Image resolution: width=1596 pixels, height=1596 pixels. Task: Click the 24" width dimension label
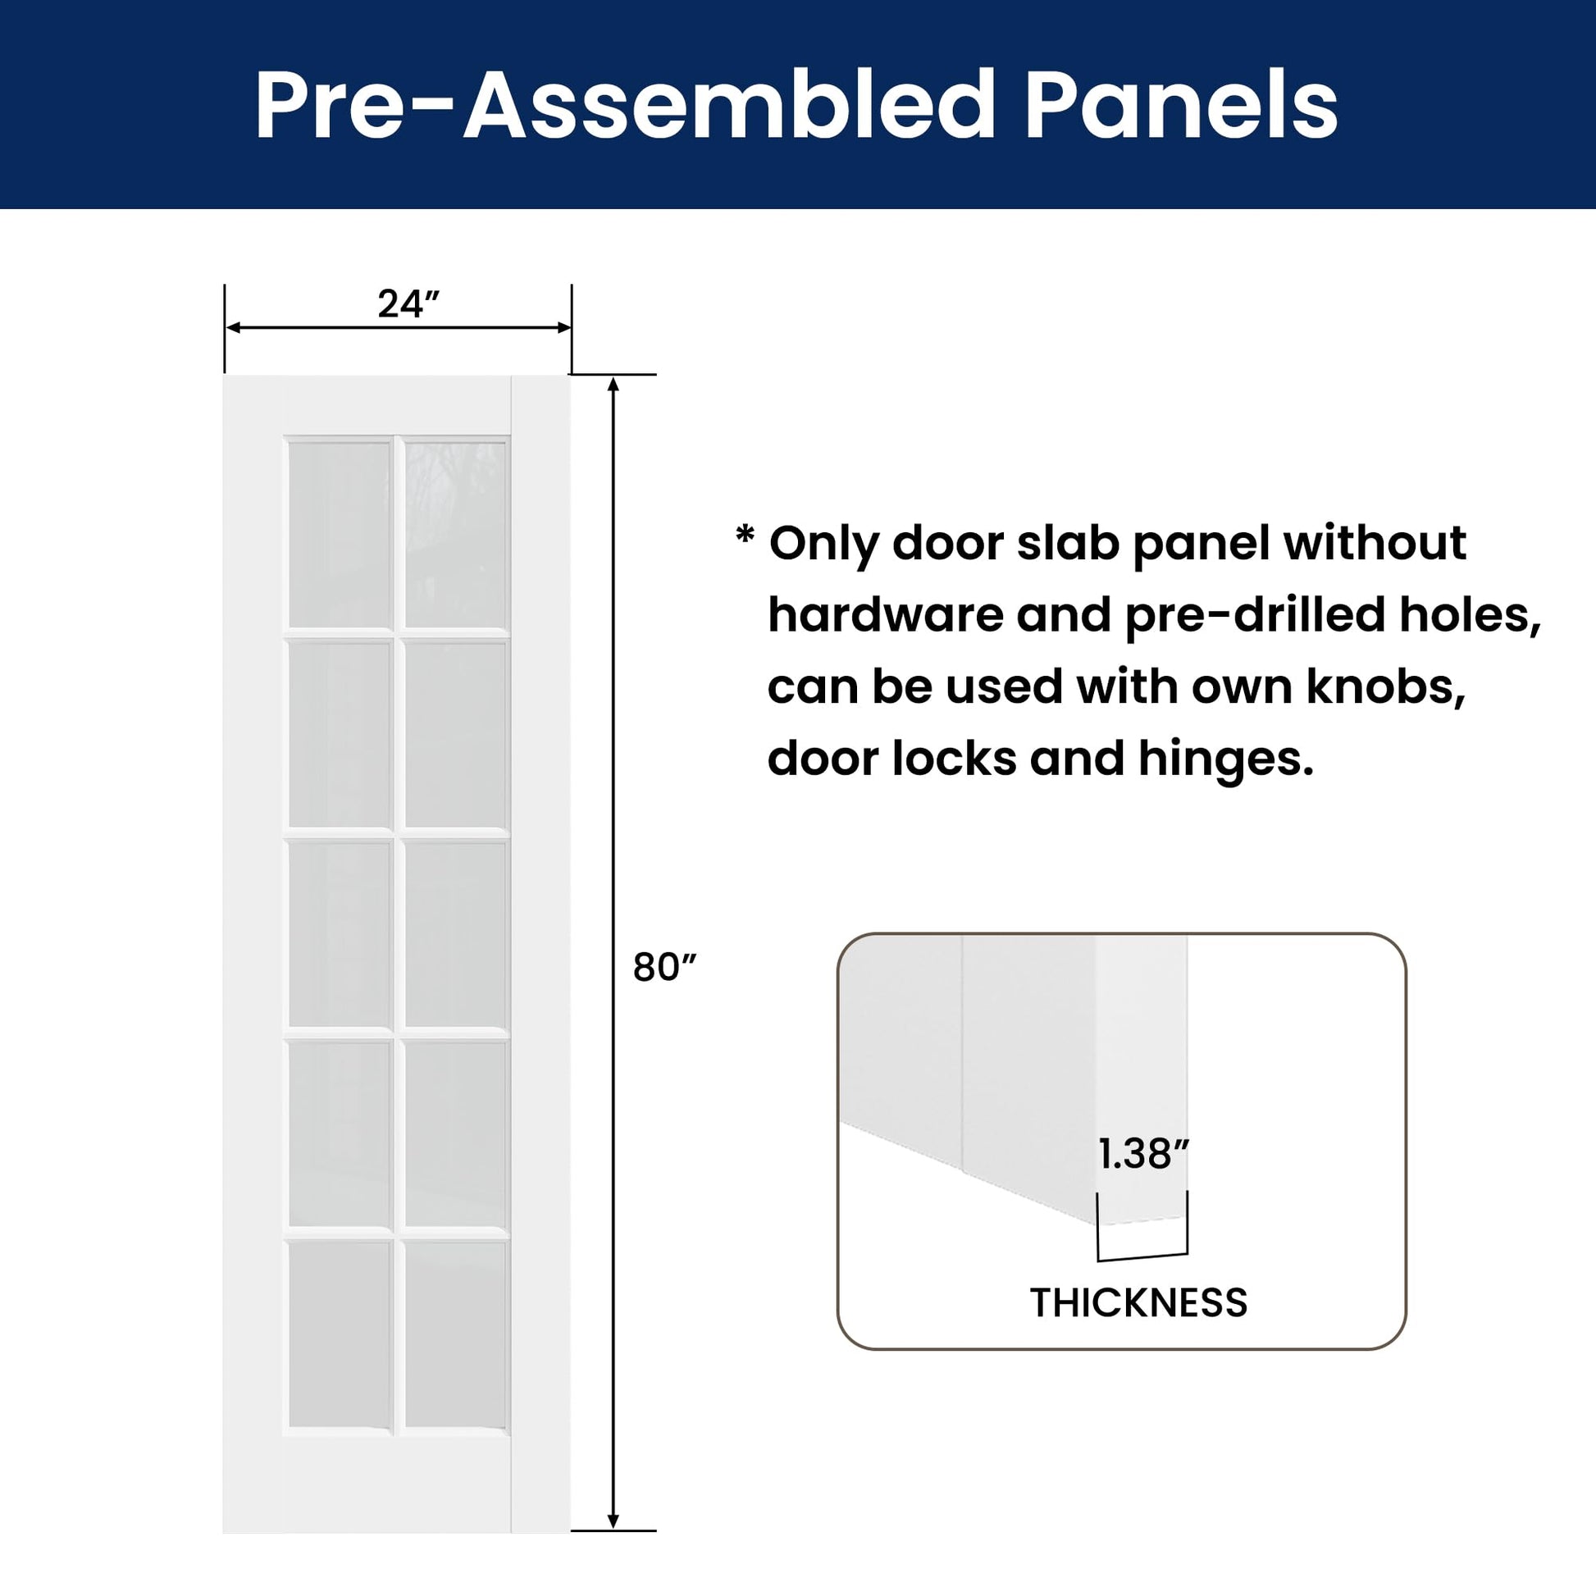[408, 304]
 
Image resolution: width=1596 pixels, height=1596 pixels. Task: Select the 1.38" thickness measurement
[1143, 1154]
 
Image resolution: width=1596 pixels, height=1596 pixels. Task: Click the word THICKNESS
[1138, 1302]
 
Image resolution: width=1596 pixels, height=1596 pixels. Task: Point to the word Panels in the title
[1181, 106]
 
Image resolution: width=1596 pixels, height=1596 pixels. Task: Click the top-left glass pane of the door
[340, 536]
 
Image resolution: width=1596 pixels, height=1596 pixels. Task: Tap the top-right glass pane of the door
[456, 536]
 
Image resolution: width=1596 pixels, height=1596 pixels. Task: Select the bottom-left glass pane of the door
[340, 1334]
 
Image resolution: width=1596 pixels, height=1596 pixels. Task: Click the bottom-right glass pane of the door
[456, 1334]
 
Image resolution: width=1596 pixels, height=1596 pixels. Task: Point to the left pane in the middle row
[340, 934]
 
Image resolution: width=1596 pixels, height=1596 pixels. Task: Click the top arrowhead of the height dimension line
[613, 385]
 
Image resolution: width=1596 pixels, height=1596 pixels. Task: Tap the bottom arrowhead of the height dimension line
[613, 1521]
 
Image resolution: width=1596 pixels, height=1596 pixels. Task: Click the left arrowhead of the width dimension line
[234, 328]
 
